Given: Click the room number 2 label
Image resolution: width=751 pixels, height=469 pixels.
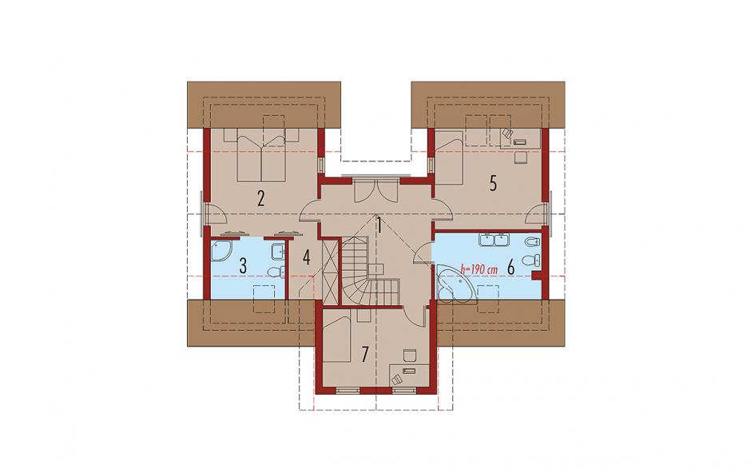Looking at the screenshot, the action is pyautogui.click(x=260, y=198).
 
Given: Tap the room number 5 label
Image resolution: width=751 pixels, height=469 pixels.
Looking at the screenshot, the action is pyautogui.click(x=493, y=184).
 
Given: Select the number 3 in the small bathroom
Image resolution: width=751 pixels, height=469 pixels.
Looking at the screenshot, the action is pyautogui.click(x=243, y=266).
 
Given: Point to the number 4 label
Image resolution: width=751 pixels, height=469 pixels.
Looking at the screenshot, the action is pyautogui.click(x=306, y=258).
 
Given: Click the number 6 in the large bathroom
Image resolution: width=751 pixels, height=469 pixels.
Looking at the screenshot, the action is pyautogui.click(x=511, y=268).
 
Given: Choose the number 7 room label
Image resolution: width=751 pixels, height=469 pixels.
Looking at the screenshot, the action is pyautogui.click(x=365, y=355).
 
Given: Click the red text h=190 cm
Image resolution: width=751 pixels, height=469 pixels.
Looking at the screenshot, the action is pyautogui.click(x=479, y=269).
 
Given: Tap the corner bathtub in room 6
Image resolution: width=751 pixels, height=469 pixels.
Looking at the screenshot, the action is pyautogui.click(x=455, y=284).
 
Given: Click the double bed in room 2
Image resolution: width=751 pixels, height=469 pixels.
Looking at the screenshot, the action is pyautogui.click(x=261, y=155).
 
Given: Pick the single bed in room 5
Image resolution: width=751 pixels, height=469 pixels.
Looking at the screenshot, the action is pyautogui.click(x=448, y=157).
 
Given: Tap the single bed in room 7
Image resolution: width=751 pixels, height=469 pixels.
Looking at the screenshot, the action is pyautogui.click(x=338, y=336).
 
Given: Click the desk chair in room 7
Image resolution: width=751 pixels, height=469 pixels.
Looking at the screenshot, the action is pyautogui.click(x=409, y=356).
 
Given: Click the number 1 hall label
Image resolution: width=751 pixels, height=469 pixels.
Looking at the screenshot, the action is pyautogui.click(x=379, y=225).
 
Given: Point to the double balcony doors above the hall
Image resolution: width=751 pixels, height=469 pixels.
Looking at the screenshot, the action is pyautogui.click(x=376, y=189).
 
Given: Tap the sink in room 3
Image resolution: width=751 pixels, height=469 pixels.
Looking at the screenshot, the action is pyautogui.click(x=278, y=251).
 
